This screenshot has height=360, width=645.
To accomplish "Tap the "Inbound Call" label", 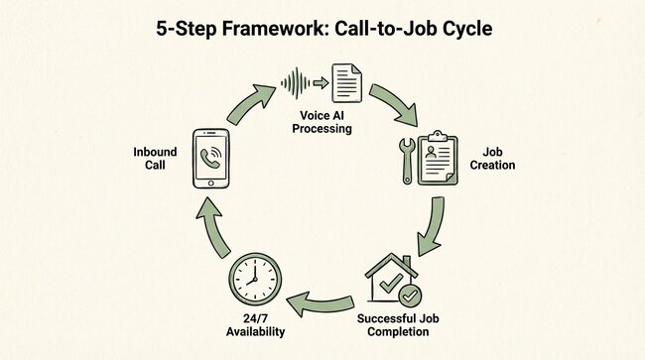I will [156, 159].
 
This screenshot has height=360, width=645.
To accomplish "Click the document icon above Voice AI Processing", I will [346, 82].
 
